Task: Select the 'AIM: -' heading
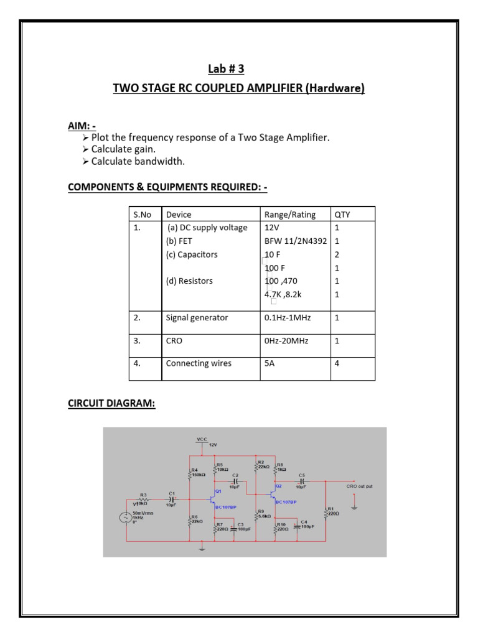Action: coord(82,126)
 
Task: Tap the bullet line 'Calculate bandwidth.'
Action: coord(138,161)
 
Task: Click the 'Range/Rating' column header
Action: coord(289,215)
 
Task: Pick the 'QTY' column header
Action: coord(342,215)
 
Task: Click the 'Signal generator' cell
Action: coord(197,317)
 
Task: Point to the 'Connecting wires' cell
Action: coord(198,363)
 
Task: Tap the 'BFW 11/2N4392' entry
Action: coord(296,241)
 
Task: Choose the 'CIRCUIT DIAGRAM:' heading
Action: coord(111,404)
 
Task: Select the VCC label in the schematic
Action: coord(202,439)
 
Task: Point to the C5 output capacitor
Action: coord(301,481)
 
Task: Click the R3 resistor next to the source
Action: coord(143,498)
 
